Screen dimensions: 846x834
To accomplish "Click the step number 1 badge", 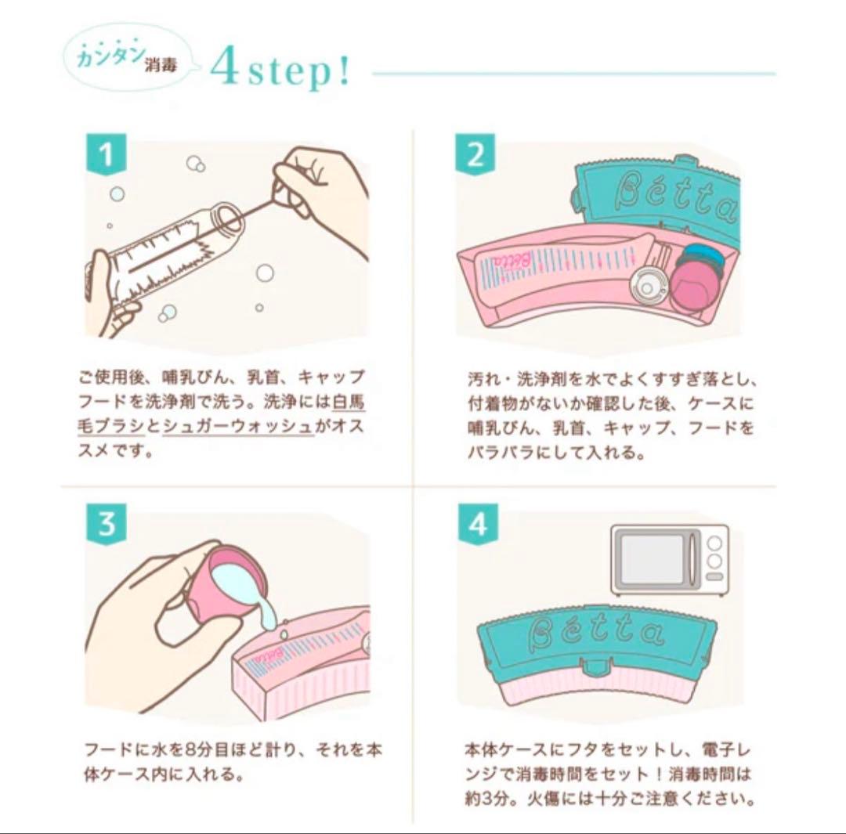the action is (x=107, y=154).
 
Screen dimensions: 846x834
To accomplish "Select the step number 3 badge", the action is (x=107, y=524).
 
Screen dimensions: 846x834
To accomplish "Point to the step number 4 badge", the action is (x=478, y=524).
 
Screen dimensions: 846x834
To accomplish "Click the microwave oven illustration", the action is (x=669, y=560).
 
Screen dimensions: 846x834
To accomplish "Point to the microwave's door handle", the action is (x=692, y=560).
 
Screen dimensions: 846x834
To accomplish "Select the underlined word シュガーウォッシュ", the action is (x=237, y=426).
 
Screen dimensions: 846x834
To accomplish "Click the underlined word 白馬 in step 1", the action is (x=349, y=402).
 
